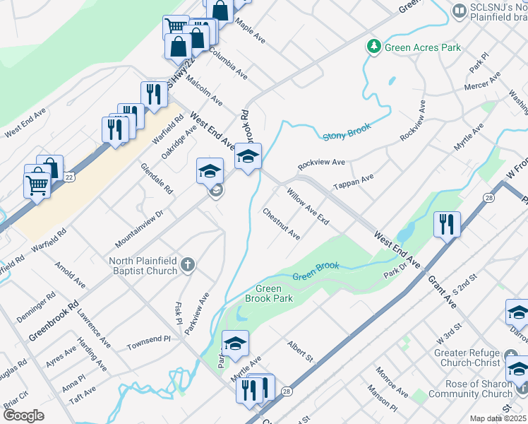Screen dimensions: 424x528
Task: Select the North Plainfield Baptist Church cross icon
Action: tap(187, 265)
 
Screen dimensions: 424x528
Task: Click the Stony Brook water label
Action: tap(347, 133)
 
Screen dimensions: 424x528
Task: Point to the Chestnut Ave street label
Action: tap(281, 223)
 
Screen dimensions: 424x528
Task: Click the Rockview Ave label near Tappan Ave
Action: tap(321, 163)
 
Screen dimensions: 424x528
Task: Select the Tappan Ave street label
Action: tap(353, 182)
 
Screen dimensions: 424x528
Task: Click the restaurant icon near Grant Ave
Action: tap(447, 225)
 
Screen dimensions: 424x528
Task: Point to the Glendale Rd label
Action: tap(157, 179)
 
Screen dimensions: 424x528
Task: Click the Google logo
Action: tap(23, 416)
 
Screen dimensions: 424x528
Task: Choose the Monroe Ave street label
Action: tap(392, 381)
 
